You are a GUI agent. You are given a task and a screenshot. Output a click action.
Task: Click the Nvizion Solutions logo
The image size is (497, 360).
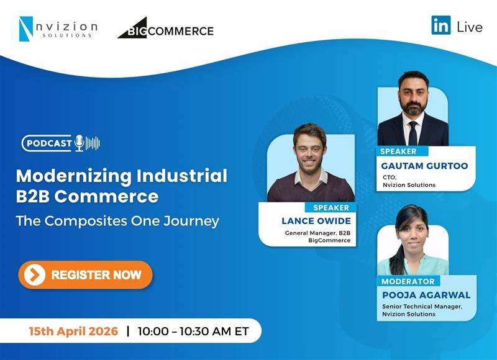click(x=58, y=29)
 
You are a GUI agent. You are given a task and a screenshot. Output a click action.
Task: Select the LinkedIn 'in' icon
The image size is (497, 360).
click(x=441, y=25)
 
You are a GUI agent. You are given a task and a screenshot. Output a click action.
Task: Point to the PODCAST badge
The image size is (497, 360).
click(x=48, y=143)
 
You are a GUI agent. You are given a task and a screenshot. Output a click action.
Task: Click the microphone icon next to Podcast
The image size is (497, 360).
click(x=80, y=143)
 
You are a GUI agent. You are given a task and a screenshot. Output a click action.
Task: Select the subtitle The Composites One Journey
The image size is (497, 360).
click(x=117, y=220)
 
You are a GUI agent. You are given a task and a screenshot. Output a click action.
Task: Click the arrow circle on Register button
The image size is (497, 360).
click(x=34, y=274)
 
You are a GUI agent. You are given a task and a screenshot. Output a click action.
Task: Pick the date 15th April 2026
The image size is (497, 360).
click(x=73, y=331)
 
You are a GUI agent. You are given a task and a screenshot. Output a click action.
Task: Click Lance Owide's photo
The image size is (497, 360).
click(x=310, y=168)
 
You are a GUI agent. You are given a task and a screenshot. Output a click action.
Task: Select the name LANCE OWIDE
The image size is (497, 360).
click(x=317, y=220)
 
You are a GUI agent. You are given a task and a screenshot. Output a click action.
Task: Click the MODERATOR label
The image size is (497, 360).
click(x=408, y=281)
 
